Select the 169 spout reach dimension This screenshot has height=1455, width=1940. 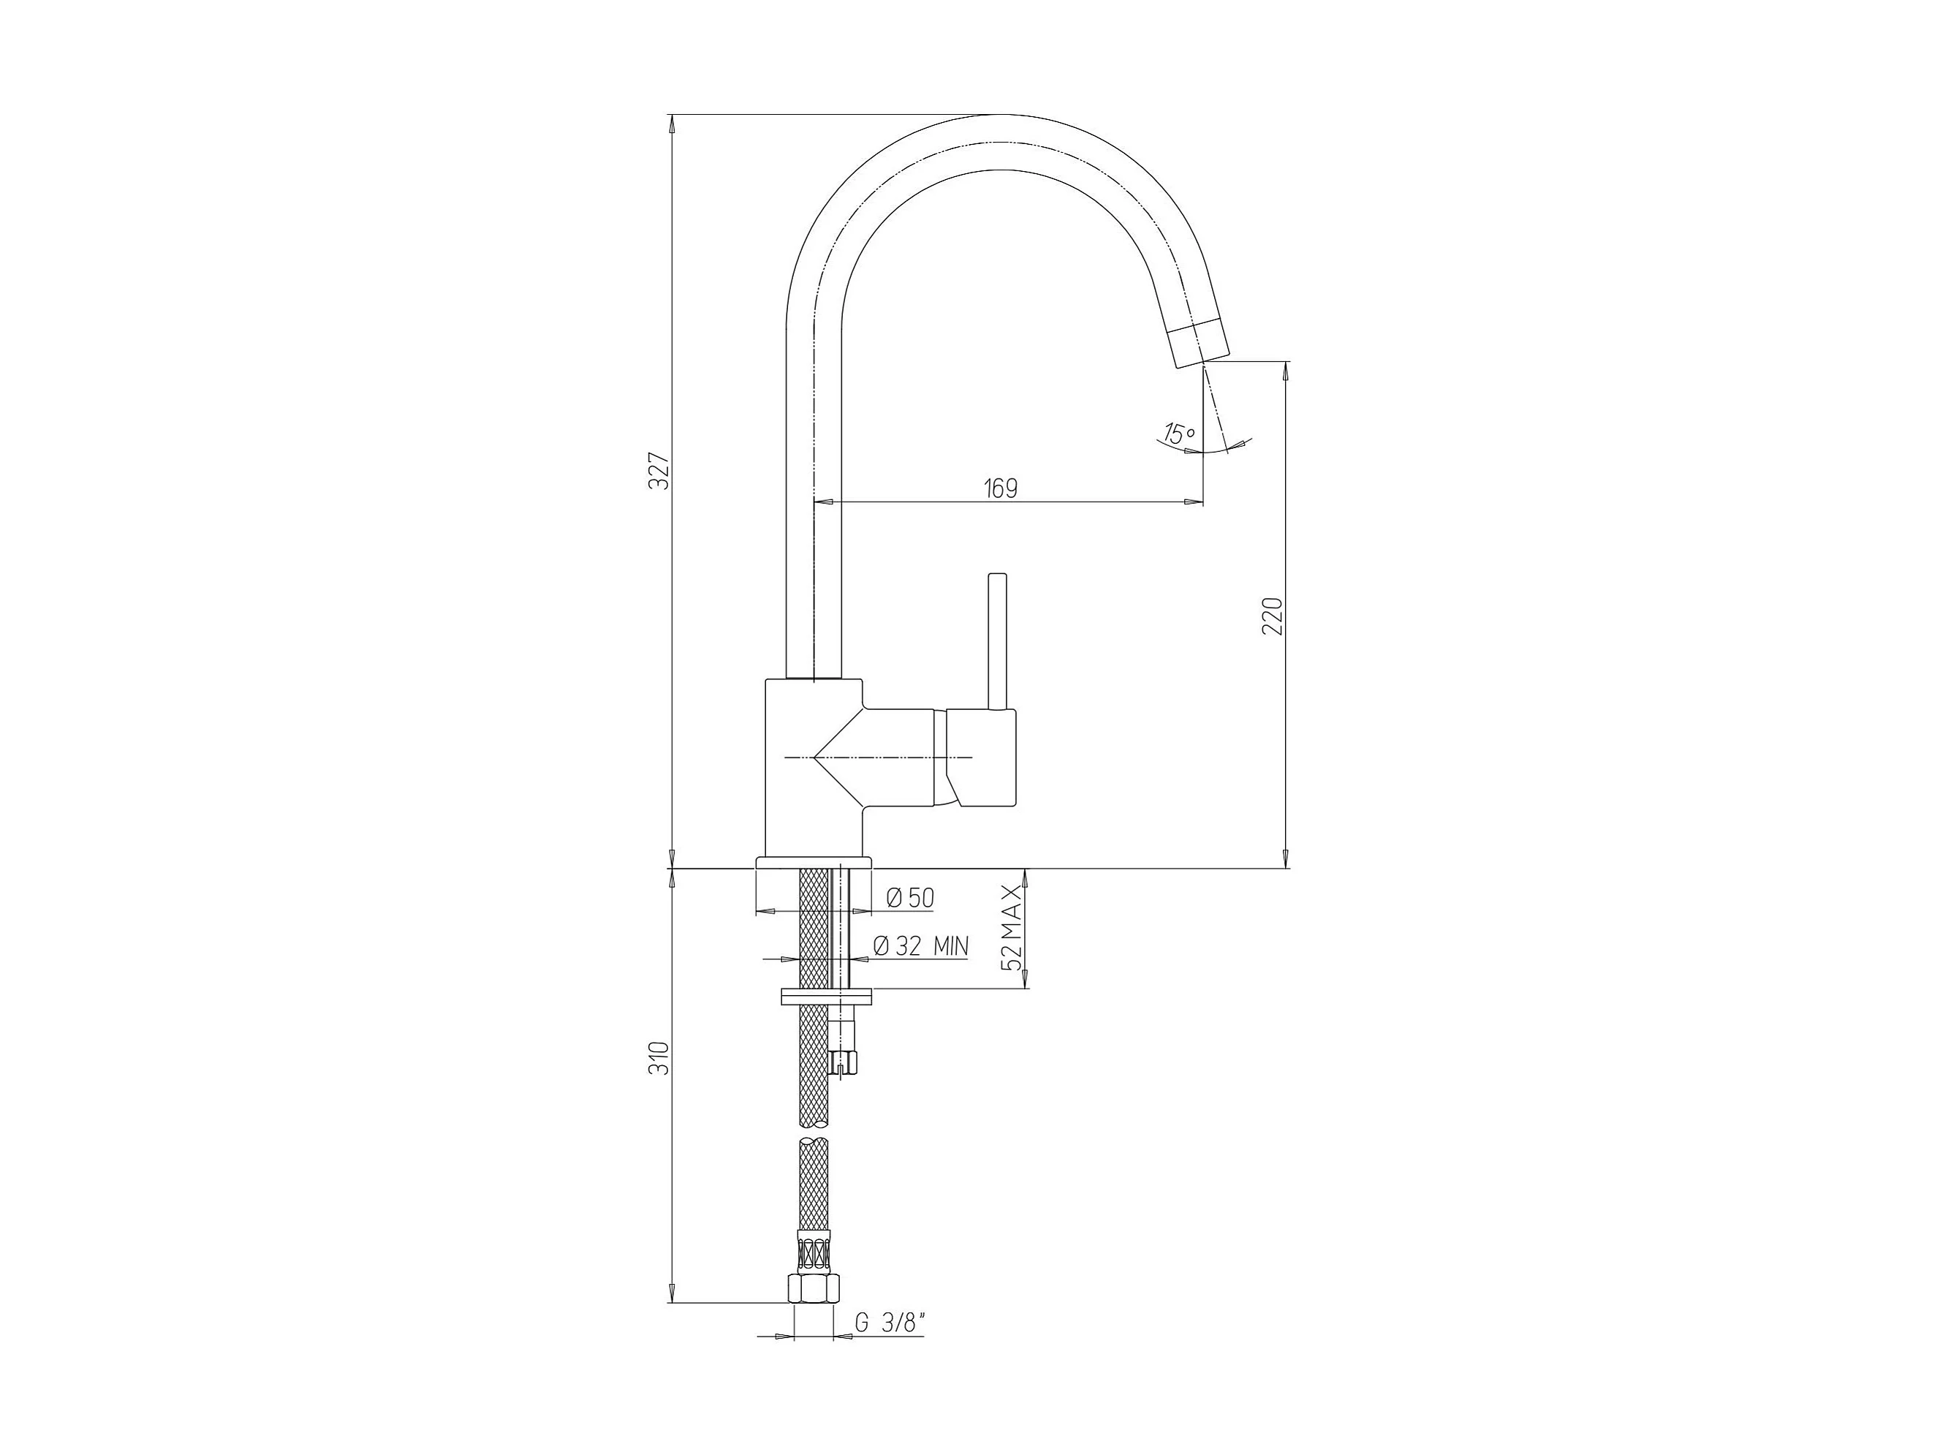pos(1001,488)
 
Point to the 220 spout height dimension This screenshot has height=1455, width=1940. pos(1273,616)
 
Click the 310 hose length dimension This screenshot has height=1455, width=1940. pos(663,1059)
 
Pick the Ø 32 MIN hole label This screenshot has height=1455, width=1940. pos(921,945)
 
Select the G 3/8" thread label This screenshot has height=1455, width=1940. pos(890,1347)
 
